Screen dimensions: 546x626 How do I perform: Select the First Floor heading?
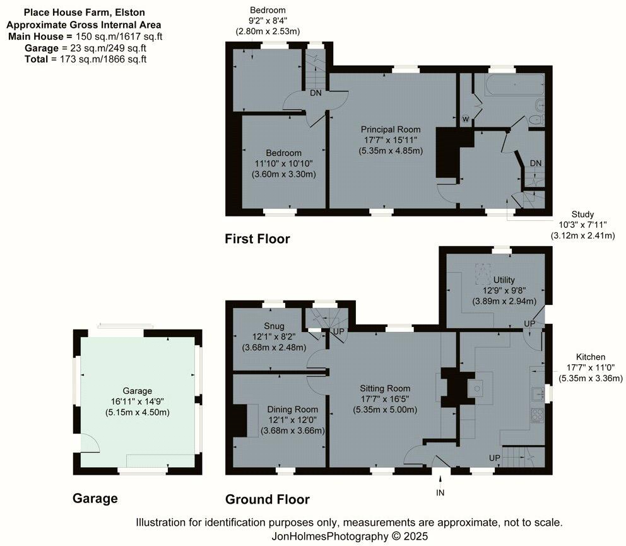(x=257, y=239)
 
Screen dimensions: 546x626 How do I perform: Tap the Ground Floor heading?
(x=268, y=500)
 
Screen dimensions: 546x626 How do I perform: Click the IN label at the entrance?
(x=440, y=492)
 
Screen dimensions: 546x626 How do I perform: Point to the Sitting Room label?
(x=385, y=388)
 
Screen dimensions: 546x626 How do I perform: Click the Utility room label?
(x=504, y=280)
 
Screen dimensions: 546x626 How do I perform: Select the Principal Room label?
(x=391, y=129)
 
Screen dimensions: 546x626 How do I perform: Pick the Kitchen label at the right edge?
(x=590, y=357)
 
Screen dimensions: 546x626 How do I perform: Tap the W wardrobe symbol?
(x=466, y=119)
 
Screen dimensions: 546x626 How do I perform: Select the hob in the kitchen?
(x=538, y=415)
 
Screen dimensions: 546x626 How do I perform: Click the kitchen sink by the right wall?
(x=538, y=393)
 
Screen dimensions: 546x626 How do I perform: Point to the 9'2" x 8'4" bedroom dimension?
(x=267, y=20)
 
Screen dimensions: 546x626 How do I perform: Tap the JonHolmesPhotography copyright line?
(x=350, y=536)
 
